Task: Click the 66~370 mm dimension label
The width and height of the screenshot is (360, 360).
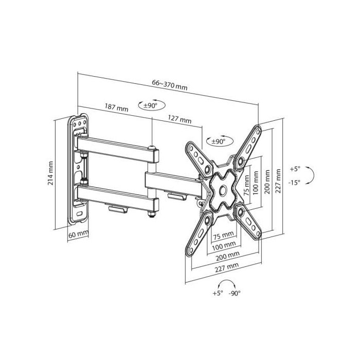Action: (x=169, y=85)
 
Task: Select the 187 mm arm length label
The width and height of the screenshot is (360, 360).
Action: (x=116, y=107)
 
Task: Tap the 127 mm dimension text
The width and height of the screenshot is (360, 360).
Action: (x=179, y=119)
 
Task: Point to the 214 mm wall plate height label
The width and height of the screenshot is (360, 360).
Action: (x=50, y=173)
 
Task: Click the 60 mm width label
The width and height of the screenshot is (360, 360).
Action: (x=78, y=235)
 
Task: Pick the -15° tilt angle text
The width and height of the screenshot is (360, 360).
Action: (x=294, y=183)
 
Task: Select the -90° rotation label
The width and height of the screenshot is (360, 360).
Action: (x=235, y=293)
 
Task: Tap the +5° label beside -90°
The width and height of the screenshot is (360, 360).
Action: (x=218, y=293)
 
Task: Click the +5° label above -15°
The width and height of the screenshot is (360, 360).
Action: (x=295, y=169)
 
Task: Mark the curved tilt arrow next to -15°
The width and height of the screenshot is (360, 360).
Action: (x=314, y=175)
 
